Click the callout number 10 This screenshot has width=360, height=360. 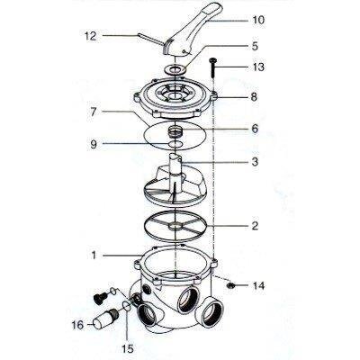pyautogui.click(x=257, y=20)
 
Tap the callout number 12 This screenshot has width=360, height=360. pyautogui.click(x=90, y=36)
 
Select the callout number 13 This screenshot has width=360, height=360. pyautogui.click(x=257, y=67)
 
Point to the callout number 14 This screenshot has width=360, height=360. pyautogui.click(x=258, y=286)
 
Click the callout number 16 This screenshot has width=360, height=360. pyautogui.click(x=77, y=325)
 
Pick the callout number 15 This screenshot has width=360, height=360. pyautogui.click(x=127, y=348)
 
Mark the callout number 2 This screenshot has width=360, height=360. pyautogui.click(x=255, y=226)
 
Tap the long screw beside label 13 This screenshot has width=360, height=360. pyautogui.click(x=213, y=68)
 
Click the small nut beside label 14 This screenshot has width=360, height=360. pyautogui.click(x=230, y=285)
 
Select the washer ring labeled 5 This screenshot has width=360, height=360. pyautogui.click(x=175, y=71)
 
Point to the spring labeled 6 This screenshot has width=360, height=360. pyautogui.click(x=175, y=130)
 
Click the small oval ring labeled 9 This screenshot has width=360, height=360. pyautogui.click(x=175, y=144)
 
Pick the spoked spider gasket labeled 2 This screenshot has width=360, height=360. pyautogui.click(x=175, y=225)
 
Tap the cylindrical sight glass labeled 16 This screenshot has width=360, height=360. pyautogui.click(x=105, y=319)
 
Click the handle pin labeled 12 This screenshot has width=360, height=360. pyautogui.click(x=150, y=40)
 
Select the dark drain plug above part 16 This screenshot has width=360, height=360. pyautogui.click(x=101, y=298)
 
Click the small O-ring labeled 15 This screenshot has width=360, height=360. pyautogui.click(x=127, y=306)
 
